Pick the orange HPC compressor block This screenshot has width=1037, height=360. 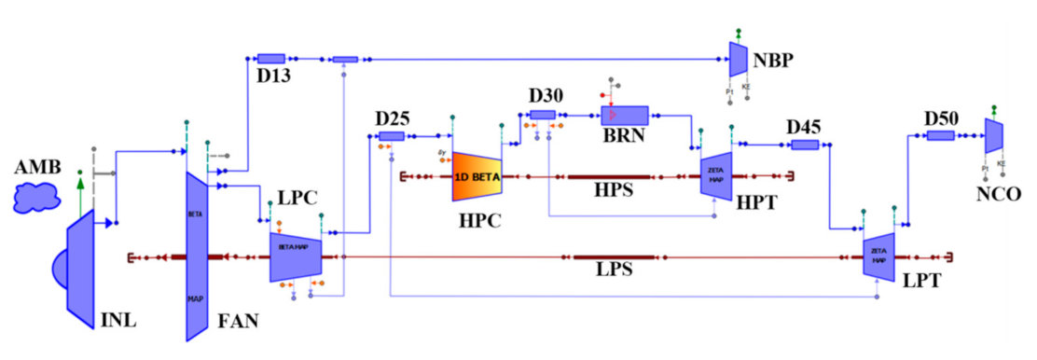tap(477, 175)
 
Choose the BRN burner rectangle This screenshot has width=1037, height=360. tap(624, 115)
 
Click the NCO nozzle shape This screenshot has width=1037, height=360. tap(993, 135)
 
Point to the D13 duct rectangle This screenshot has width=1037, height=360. tap(270, 58)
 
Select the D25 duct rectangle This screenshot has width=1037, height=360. tap(391, 135)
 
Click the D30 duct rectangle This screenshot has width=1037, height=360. tap(543, 115)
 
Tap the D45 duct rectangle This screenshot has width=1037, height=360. tap(804, 145)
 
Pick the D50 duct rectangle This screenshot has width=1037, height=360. tap(940, 135)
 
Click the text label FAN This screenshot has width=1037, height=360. tap(235, 322)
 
